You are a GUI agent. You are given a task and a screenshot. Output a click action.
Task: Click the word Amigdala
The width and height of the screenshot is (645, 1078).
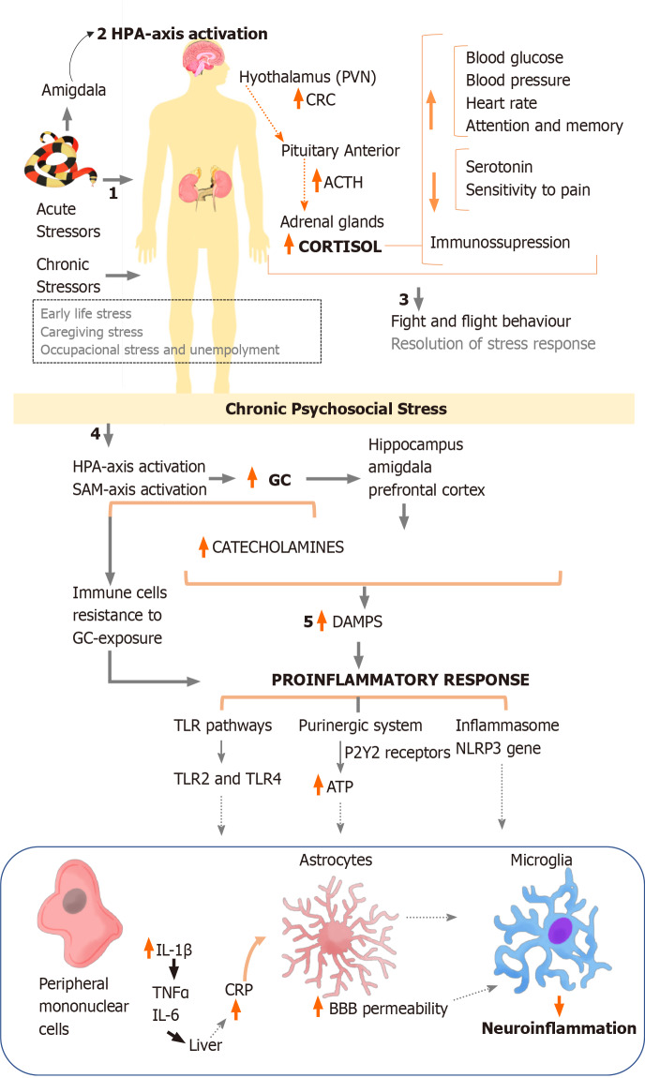tap(73, 90)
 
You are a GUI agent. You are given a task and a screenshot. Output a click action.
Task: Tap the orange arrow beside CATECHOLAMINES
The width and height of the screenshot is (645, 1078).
tap(203, 545)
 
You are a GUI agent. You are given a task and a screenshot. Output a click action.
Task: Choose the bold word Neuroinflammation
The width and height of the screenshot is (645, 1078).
tap(558, 1028)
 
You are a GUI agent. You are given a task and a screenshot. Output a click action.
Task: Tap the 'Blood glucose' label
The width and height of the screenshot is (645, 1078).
tap(513, 58)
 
